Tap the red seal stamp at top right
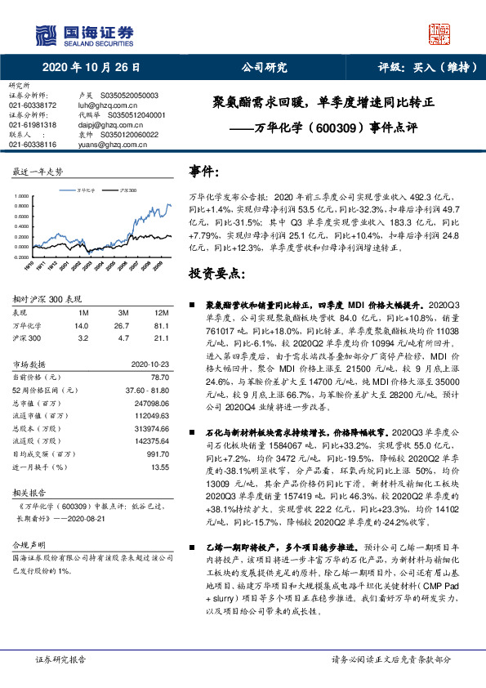click(441, 34)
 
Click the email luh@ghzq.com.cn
click(102, 105)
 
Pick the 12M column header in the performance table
click(161, 312)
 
